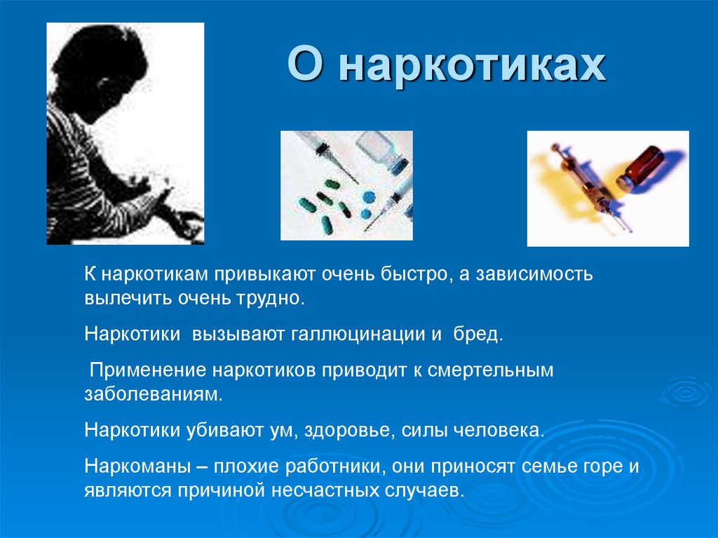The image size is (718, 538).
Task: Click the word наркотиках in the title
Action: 474,69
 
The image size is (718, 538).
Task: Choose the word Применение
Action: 147,370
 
